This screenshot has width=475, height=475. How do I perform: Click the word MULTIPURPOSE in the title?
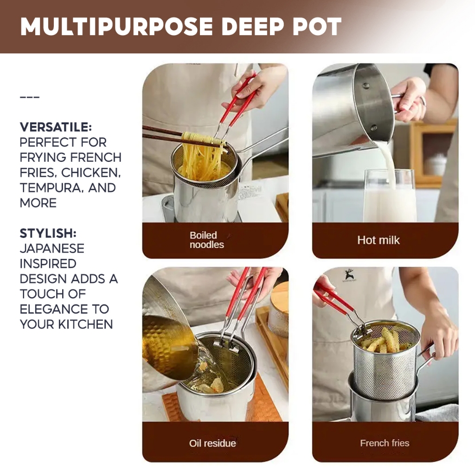click(x=116, y=26)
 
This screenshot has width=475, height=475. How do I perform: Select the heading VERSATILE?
click(x=56, y=127)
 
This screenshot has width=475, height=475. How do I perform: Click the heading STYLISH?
click(x=48, y=234)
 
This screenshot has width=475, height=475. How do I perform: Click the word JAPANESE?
click(x=52, y=249)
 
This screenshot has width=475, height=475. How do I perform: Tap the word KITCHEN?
click(x=85, y=324)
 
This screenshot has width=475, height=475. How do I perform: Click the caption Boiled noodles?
click(x=206, y=240)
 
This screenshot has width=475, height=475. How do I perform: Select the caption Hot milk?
click(x=379, y=240)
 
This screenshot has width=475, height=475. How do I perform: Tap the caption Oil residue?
click(x=212, y=443)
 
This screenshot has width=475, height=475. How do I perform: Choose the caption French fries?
click(x=385, y=443)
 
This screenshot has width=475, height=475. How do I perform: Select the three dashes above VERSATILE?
click(x=30, y=97)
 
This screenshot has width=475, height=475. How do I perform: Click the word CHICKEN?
click(x=91, y=173)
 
